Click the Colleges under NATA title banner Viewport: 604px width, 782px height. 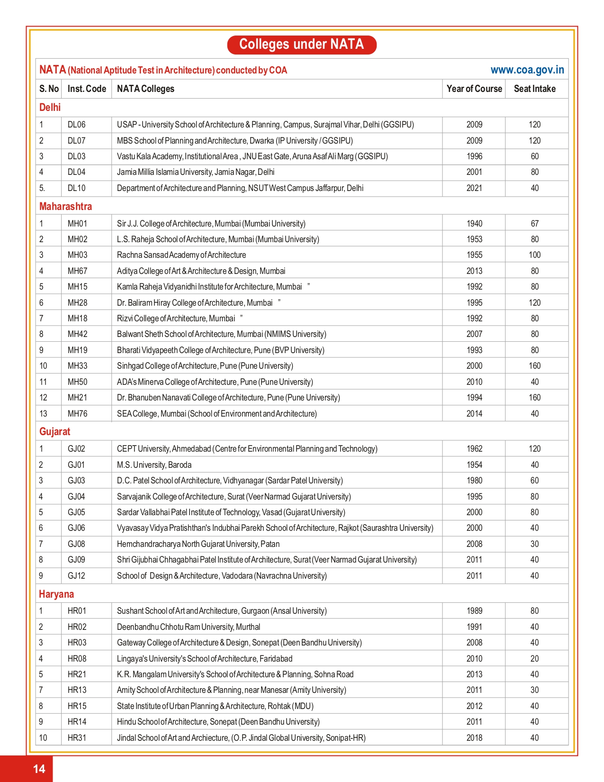click(302, 45)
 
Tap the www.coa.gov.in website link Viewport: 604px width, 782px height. click(527, 70)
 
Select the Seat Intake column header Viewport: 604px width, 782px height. click(534, 89)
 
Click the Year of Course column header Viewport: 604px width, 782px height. click(474, 89)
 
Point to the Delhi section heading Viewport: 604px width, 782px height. click(50, 108)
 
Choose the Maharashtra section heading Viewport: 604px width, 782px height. click(65, 206)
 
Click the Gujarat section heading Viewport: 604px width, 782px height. click(54, 431)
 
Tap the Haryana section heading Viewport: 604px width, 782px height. click(56, 594)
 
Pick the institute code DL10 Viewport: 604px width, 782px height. click(76, 188)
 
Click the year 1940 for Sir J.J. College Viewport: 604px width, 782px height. click(474, 224)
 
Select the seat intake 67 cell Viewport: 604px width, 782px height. click(534, 224)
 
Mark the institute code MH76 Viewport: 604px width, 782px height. click(77, 414)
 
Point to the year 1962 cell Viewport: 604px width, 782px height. click(474, 449)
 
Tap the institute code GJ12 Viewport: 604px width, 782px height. click(76, 576)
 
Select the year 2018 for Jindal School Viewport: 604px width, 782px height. click(474, 738)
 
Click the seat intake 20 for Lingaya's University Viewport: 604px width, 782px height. click(534, 659)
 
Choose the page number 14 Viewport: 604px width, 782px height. click(39, 768)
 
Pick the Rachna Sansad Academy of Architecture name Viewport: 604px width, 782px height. click(181, 255)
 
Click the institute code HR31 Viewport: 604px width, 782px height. click(77, 738)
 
